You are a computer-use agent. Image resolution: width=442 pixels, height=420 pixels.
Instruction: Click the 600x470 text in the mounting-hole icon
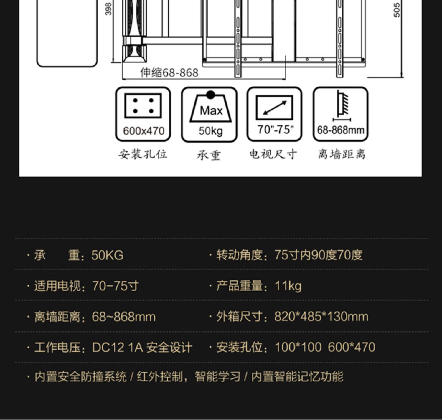tap(144, 131)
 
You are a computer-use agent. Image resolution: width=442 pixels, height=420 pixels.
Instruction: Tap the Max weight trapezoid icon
tap(210, 109)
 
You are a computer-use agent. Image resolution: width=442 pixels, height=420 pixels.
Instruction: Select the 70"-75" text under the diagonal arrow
tap(276, 129)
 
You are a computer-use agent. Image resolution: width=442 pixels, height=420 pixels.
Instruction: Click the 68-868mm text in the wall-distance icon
tap(341, 130)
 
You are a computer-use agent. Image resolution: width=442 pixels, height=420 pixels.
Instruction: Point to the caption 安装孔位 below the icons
tap(143, 154)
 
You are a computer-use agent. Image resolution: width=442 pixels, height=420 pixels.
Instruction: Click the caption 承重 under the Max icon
tap(209, 155)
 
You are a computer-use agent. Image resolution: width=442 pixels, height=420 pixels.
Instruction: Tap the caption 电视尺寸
tap(273, 154)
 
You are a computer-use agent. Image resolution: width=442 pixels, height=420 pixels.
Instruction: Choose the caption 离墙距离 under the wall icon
tap(341, 154)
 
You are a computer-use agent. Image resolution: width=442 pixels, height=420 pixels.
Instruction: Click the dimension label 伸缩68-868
tap(169, 73)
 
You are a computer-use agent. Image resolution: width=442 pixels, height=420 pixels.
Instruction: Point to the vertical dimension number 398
tap(108, 9)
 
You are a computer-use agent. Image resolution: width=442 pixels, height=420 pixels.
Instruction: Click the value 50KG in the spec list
tap(107, 255)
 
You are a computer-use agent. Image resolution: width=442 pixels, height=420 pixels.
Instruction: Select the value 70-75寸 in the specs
tap(115, 286)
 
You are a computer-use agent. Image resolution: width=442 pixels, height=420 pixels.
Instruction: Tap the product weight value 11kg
tap(288, 286)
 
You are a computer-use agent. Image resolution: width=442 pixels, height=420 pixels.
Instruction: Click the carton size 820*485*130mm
tap(321, 317)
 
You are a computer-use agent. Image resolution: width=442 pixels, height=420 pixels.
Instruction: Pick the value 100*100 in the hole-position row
tap(298, 347)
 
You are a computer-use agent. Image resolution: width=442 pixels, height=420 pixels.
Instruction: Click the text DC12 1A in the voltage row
tap(117, 348)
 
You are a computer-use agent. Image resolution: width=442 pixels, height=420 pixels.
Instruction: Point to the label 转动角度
tap(239, 255)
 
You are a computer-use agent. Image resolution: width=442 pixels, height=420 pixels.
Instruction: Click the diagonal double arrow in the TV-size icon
tap(275, 108)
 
